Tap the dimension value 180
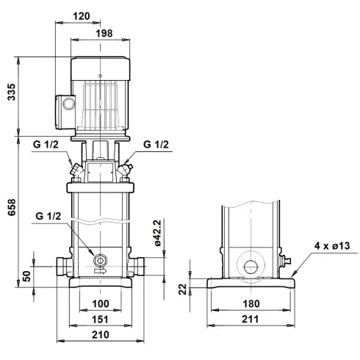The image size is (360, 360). pyautogui.click(x=252, y=303)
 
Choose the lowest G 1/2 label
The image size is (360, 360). pyautogui.click(x=48, y=217)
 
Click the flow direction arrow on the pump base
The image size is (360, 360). pyautogui.click(x=101, y=270)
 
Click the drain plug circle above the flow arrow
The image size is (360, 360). pyautogui.click(x=100, y=259)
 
